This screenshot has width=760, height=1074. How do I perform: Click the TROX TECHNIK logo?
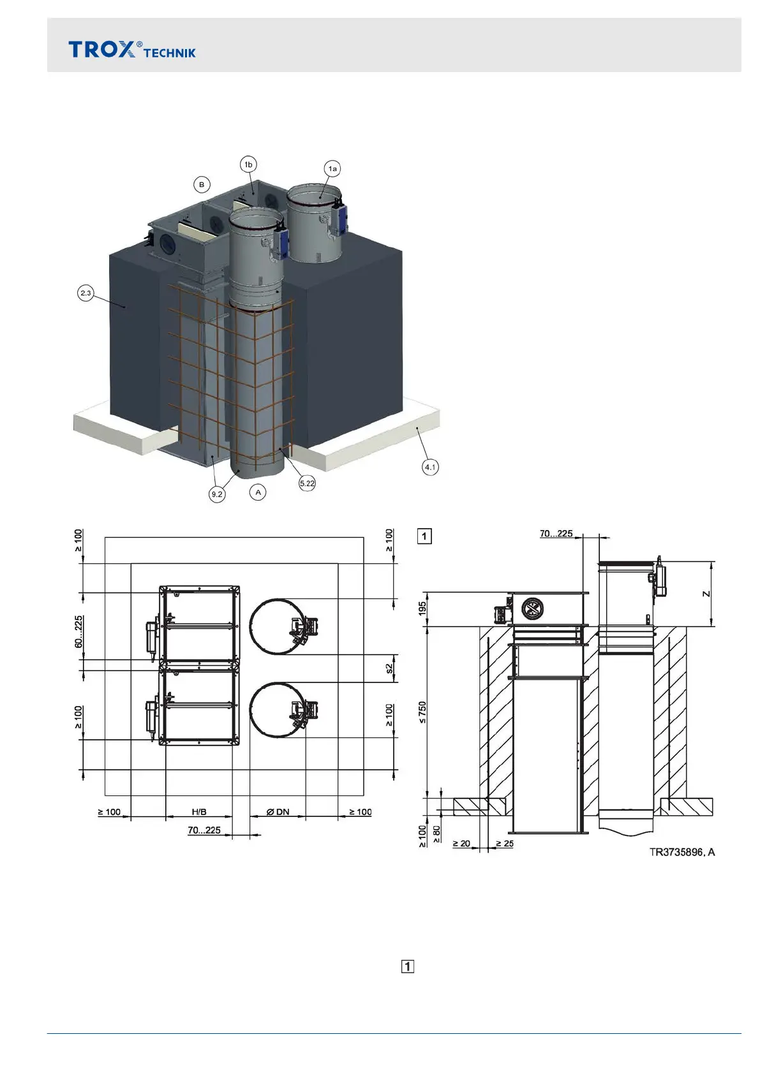point(132,50)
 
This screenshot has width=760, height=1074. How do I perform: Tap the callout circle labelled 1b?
point(249,165)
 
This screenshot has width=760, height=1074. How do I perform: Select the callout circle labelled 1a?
point(332,168)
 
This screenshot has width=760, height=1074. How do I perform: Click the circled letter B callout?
point(202,185)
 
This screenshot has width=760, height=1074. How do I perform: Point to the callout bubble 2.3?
point(86,293)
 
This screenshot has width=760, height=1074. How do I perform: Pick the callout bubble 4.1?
point(430,467)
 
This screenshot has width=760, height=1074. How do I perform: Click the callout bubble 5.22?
point(307,483)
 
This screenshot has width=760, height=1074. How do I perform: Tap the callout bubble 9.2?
point(217,494)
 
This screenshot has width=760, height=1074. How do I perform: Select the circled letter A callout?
point(258,492)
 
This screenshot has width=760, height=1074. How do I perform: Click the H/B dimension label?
point(199,812)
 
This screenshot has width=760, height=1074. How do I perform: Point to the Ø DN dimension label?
point(278,812)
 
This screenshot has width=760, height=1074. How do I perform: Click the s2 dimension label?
point(389,668)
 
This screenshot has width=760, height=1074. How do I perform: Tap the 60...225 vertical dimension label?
point(78,632)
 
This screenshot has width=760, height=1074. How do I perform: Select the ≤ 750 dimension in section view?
point(422,712)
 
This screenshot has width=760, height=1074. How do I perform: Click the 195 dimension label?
point(422,609)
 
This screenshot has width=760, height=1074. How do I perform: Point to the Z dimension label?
point(706,594)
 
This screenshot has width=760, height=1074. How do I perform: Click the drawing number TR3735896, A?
point(682,852)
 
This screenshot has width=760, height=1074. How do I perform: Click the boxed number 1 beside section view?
point(424,536)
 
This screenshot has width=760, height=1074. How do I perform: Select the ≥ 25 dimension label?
point(504,844)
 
